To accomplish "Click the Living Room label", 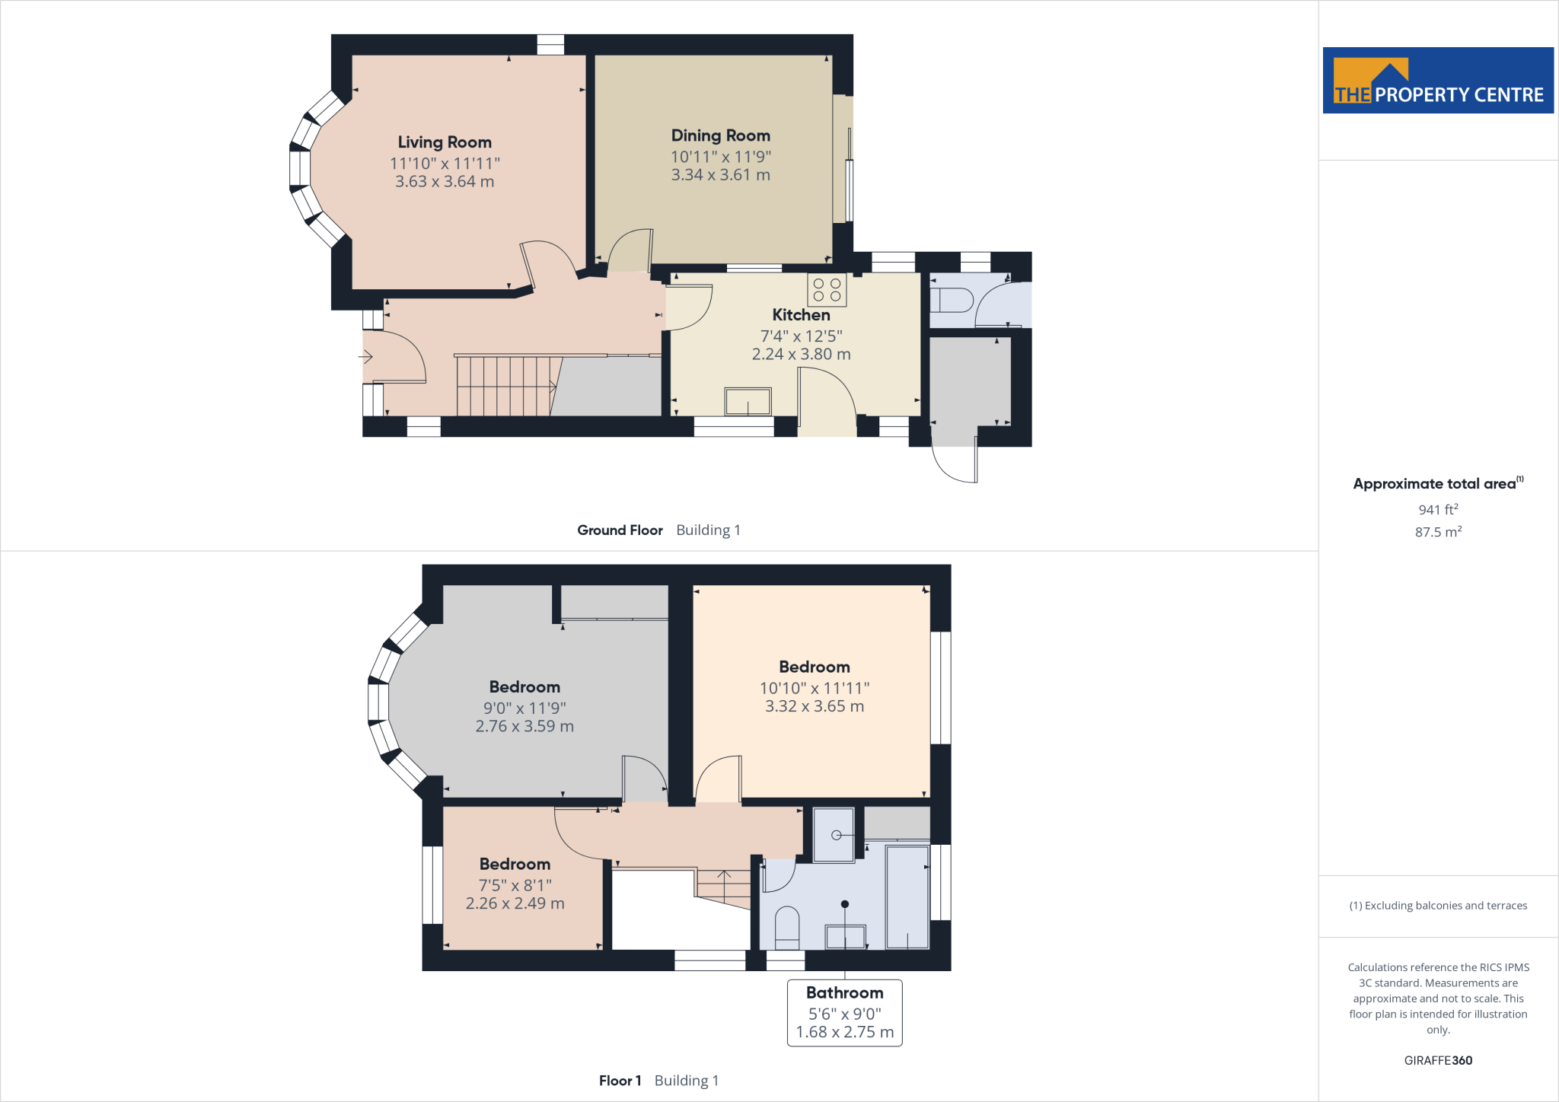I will tap(445, 142).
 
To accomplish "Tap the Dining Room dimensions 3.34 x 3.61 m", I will tap(720, 175).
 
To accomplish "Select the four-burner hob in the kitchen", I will tap(827, 289).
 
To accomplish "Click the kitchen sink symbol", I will tap(748, 401).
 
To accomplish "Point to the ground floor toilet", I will tap(952, 300).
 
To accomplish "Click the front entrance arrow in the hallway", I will tap(365, 356).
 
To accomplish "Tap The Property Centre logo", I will tap(1437, 81).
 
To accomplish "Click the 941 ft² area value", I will tap(1437, 509).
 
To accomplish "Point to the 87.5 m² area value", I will tap(1437, 532).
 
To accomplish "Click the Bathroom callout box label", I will tap(844, 993).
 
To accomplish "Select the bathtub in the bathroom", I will tap(907, 897).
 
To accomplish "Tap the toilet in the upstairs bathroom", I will tap(786, 928).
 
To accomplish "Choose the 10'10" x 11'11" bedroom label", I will tap(814, 687).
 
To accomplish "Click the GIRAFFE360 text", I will tap(1437, 1060).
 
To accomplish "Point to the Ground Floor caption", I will tap(620, 530).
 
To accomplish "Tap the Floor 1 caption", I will tap(620, 1081).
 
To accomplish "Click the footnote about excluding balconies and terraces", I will tap(1437, 906).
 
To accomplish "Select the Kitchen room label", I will tap(801, 315).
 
